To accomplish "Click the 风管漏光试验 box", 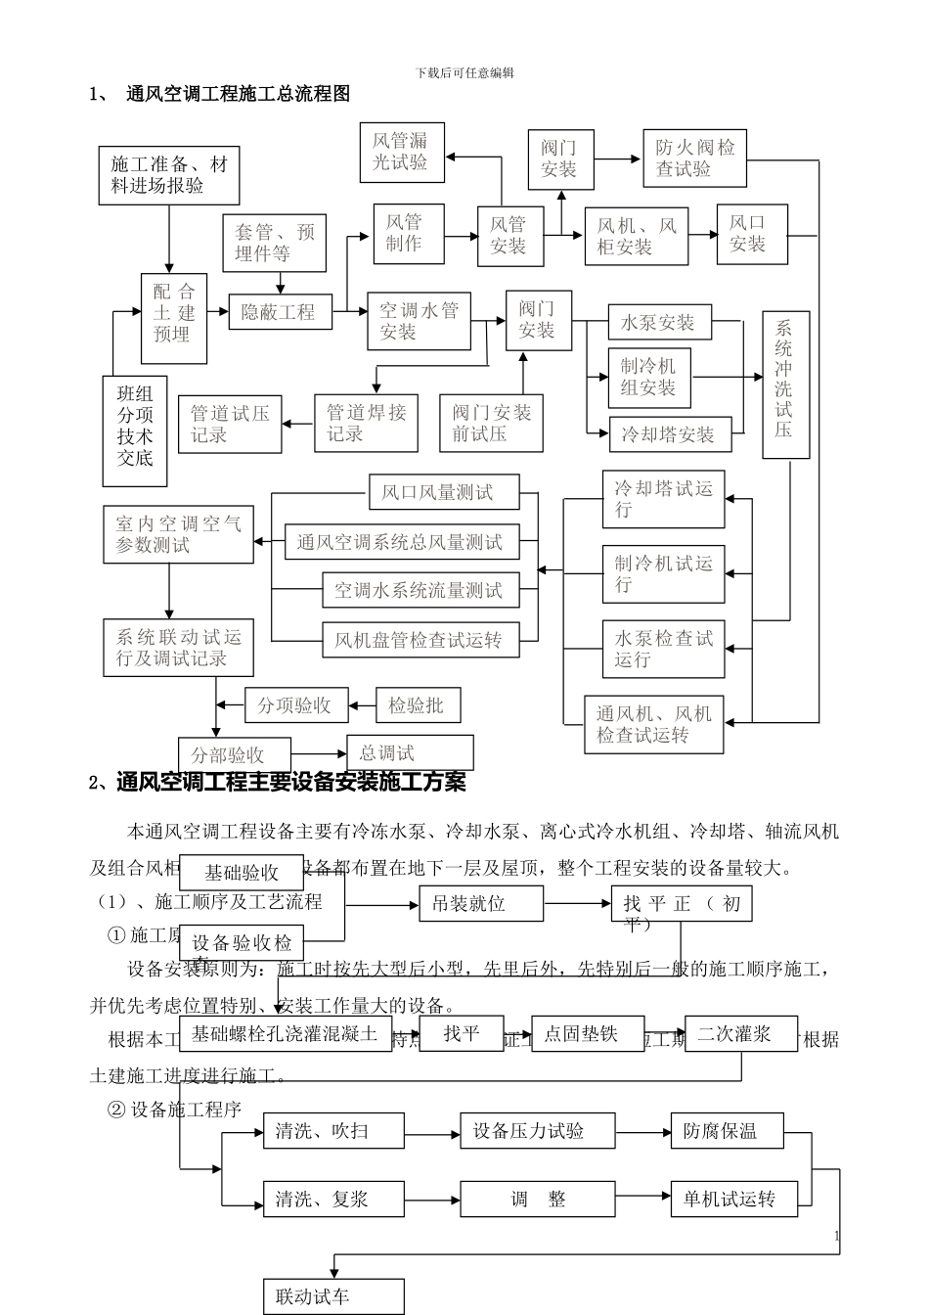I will pos(401,152).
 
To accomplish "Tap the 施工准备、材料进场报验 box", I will pos(168,175).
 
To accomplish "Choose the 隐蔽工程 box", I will pos(280,312).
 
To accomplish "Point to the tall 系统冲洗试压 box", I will pos(785,386).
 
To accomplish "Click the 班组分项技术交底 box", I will pos(135,431).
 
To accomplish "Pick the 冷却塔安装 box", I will pos(669,434).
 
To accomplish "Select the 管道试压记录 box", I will pos(230,424).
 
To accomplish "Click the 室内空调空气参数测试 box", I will pos(178,534).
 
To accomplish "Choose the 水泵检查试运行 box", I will pos(663,649).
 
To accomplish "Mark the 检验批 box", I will pos(418,704).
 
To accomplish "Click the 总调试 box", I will pos(410,752).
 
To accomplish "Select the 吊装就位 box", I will pos(480,903).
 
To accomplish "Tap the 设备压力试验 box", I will pos(537,1131).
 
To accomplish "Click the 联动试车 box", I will pos(332,1297).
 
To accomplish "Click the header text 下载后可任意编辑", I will pos(464,72).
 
